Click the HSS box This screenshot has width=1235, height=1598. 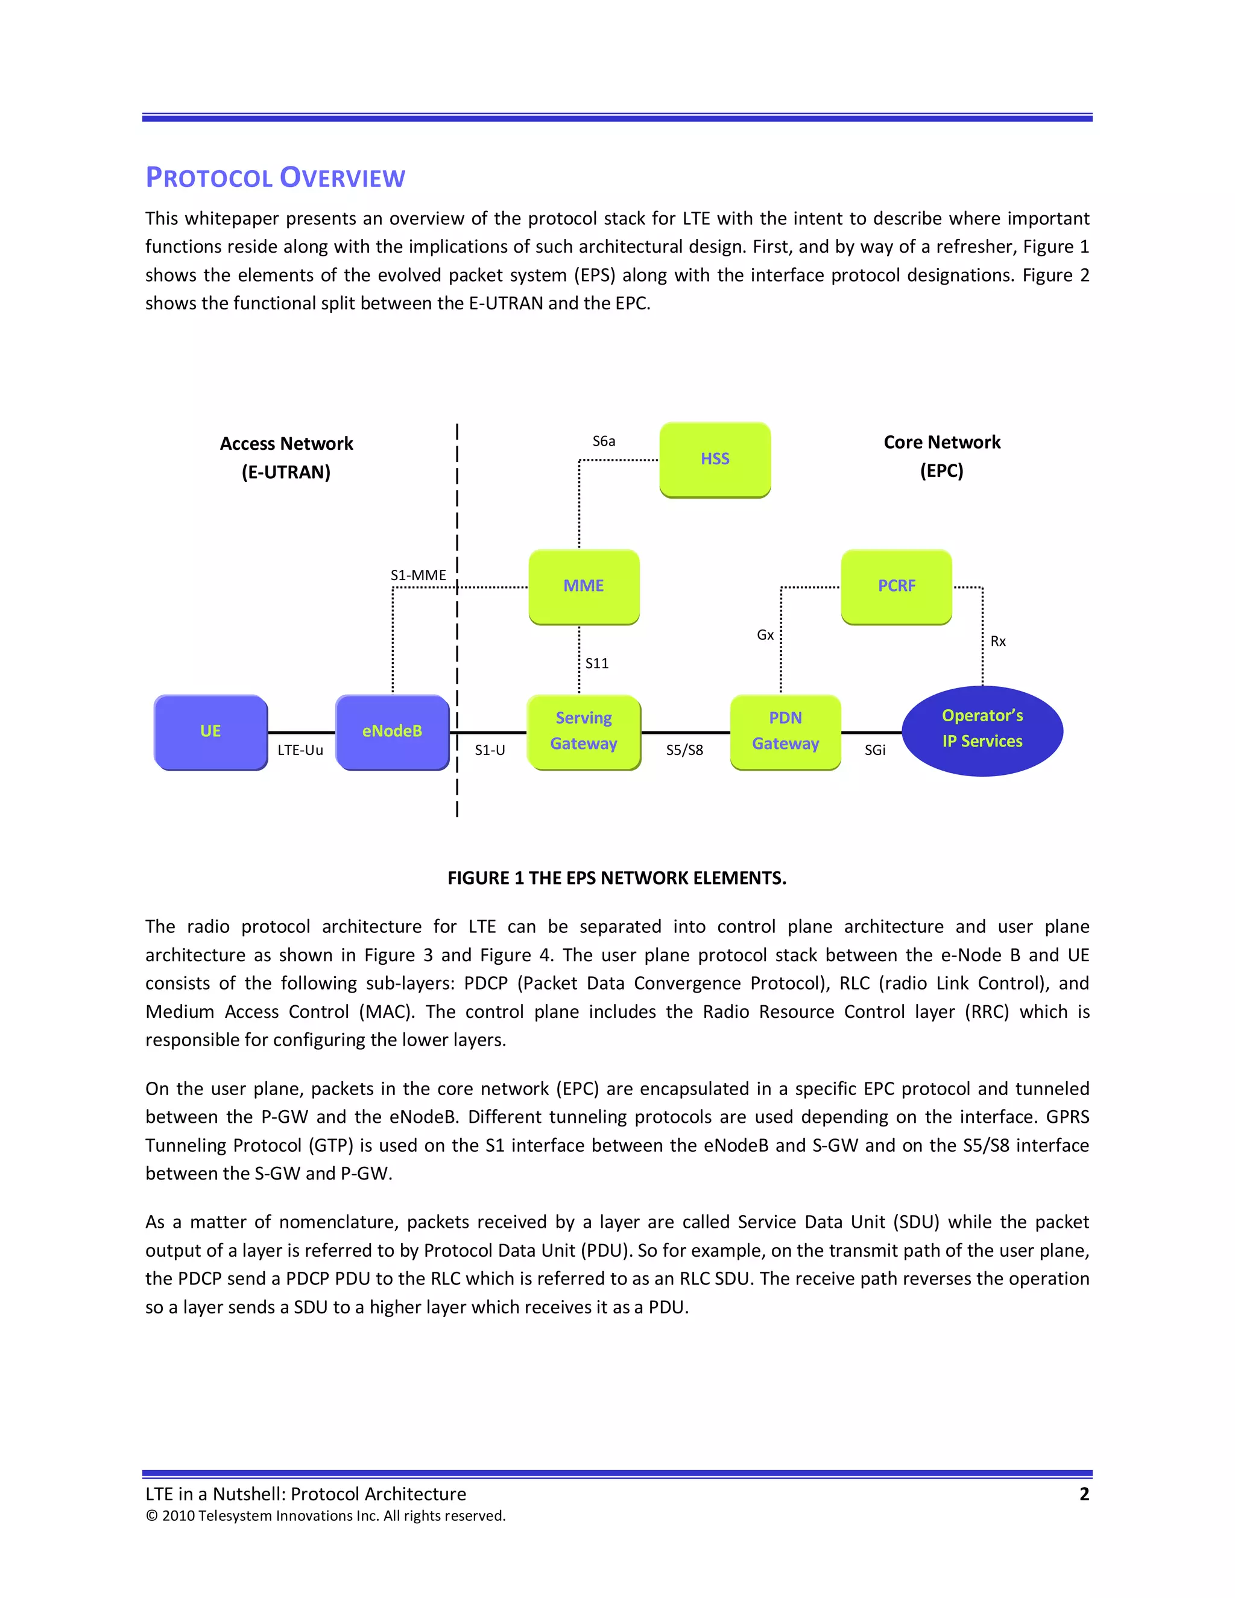click(x=715, y=460)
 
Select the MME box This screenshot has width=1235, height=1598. click(x=584, y=586)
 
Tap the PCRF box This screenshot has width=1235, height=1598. click(x=896, y=586)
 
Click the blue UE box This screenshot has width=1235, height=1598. click(x=210, y=731)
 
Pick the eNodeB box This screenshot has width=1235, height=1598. click(x=392, y=731)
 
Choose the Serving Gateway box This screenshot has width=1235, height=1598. click(x=584, y=731)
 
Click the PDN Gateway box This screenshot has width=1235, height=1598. click(x=785, y=731)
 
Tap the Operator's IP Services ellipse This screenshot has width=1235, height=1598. click(x=982, y=730)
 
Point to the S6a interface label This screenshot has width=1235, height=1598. click(x=604, y=441)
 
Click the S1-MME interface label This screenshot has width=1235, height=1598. click(x=418, y=575)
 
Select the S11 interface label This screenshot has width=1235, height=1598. click(x=596, y=664)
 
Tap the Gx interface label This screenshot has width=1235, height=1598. click(x=765, y=635)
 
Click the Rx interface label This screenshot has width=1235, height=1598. click(x=998, y=642)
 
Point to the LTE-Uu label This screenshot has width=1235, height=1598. click(x=300, y=750)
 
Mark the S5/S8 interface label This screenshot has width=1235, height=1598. click(x=684, y=750)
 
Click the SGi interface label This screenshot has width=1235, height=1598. click(x=874, y=750)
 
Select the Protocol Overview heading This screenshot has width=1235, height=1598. click(x=275, y=178)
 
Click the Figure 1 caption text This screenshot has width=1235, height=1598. click(x=617, y=878)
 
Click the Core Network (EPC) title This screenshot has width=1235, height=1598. click(x=941, y=456)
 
